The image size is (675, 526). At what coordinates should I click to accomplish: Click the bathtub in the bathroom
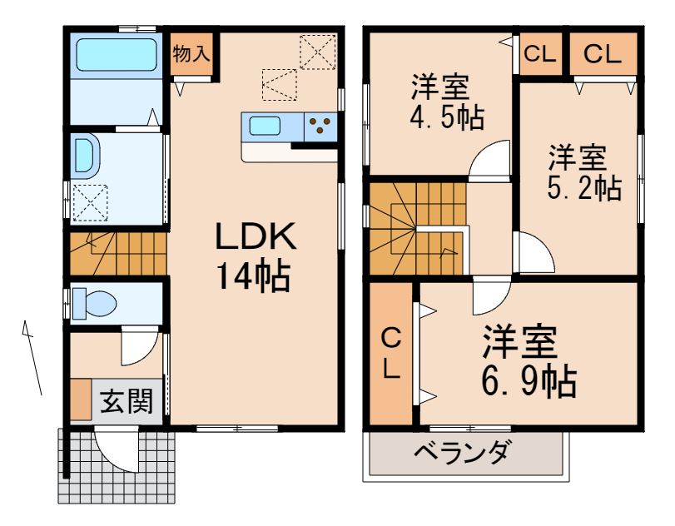click(117, 55)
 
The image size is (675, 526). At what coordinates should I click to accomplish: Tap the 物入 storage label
click(191, 53)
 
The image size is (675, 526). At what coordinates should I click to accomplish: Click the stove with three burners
click(320, 127)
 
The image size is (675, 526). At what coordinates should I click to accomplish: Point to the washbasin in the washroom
click(86, 155)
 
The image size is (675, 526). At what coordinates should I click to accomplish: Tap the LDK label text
click(256, 239)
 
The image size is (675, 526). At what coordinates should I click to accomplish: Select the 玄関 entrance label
click(127, 403)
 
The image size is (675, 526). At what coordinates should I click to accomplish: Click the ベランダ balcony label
click(462, 454)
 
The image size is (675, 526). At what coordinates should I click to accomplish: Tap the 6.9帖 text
click(529, 381)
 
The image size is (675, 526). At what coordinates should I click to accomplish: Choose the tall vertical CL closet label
click(391, 353)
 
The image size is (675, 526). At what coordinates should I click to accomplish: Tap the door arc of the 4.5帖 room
click(489, 161)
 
